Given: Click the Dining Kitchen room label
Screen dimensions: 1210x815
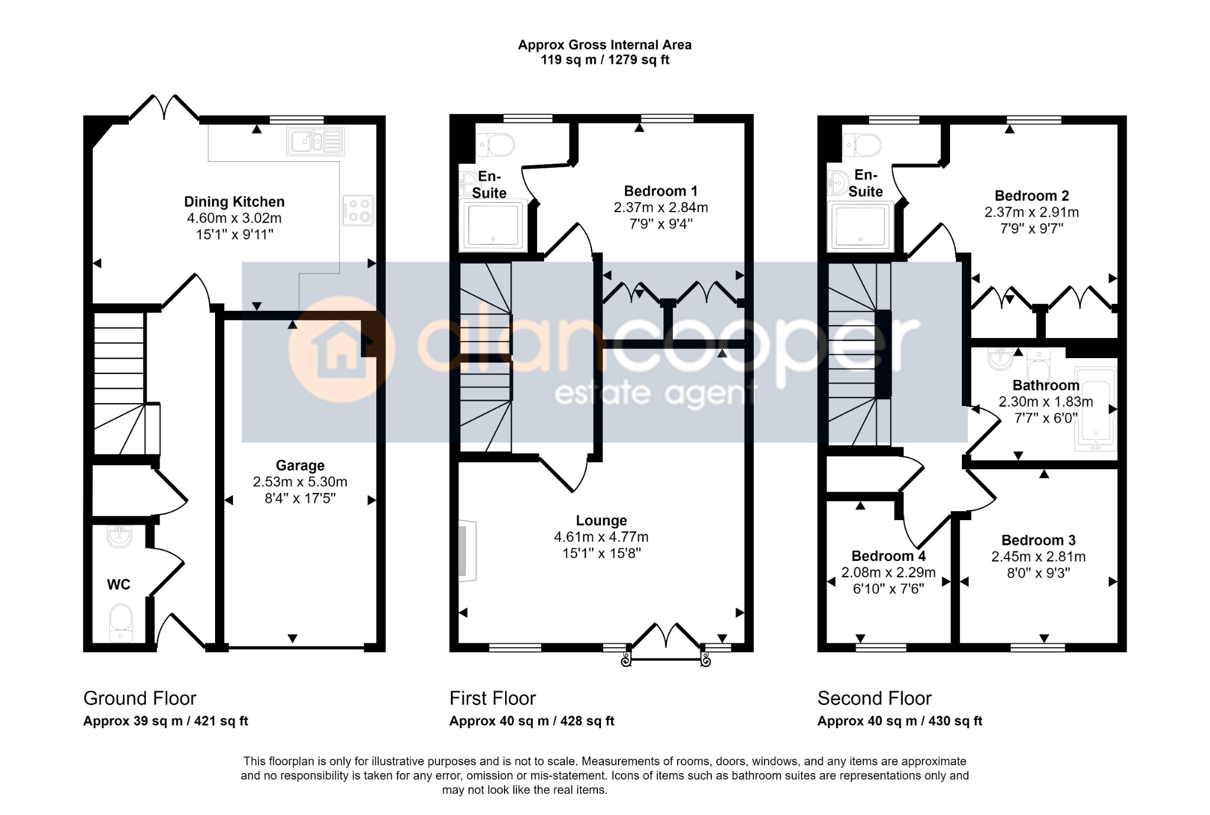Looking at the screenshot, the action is (235, 202).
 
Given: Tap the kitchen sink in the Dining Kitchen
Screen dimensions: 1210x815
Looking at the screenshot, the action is (315, 142).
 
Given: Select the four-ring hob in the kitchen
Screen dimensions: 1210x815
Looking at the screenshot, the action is (358, 210).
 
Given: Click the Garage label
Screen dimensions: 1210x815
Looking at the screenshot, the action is (300, 466).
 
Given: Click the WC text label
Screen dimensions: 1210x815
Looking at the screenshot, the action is (119, 585).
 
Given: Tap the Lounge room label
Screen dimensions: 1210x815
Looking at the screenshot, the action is (601, 521).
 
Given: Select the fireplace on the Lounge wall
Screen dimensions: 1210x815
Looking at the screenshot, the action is (468, 551).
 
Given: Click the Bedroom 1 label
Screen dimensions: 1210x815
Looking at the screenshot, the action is (661, 191).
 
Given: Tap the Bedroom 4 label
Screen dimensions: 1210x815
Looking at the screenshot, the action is (889, 556).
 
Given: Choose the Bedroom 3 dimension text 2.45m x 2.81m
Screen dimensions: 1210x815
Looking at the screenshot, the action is (1038, 557).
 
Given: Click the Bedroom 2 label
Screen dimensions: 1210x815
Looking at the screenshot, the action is (1032, 196).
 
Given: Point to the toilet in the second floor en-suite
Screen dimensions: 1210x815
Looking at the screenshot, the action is (862, 145).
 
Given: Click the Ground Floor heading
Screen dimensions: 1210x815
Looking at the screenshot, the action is (139, 699).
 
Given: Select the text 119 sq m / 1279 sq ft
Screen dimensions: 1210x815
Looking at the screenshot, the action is (605, 60).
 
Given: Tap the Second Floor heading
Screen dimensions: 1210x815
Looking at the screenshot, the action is (874, 699).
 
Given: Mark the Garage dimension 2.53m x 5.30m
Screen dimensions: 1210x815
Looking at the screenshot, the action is (300, 482).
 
